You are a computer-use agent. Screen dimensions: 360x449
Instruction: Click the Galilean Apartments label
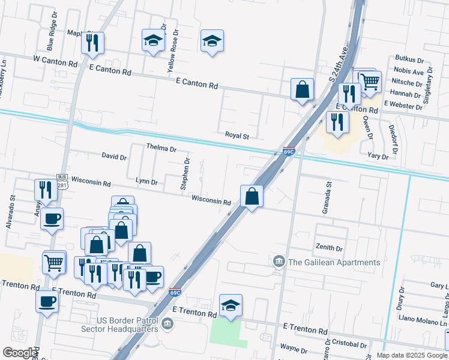[x=334, y=262]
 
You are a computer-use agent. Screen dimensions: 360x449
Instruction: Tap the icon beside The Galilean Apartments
[x=279, y=262]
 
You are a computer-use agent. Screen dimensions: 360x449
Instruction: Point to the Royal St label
[x=237, y=136]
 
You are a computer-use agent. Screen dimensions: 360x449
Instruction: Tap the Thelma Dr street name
[x=161, y=148]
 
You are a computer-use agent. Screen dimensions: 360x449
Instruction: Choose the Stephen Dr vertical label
[x=185, y=174]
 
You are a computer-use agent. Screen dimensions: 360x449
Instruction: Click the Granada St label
[x=328, y=198]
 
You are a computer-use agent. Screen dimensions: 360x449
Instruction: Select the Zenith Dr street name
[x=328, y=248]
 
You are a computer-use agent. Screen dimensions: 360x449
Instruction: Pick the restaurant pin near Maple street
[x=92, y=42]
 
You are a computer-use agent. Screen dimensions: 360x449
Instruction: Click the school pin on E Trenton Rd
[x=231, y=305]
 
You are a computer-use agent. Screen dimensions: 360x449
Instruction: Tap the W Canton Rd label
[x=56, y=61]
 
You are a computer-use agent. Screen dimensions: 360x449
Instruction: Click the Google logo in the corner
[x=19, y=353]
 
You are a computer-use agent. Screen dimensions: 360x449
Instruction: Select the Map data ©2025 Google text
[x=411, y=355]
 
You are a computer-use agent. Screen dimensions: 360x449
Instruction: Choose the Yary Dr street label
[x=378, y=156]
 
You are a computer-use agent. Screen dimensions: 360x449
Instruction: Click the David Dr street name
[x=114, y=157]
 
